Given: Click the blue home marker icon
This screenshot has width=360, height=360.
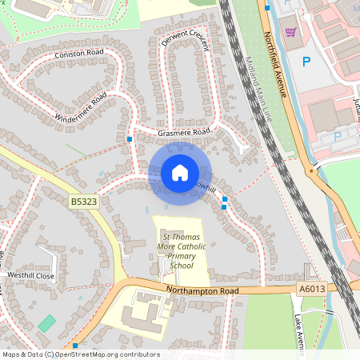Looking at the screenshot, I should [179, 172].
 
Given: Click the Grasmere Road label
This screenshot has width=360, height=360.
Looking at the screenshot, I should [183, 131].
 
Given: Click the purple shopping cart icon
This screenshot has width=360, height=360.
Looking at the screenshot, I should [290, 32].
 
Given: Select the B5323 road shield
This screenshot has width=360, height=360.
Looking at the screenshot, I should [84, 202].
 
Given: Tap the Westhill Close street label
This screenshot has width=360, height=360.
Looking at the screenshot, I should [30, 275].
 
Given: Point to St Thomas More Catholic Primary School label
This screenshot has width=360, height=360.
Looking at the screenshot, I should [184, 252].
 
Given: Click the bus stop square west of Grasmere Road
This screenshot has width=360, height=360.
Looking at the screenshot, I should [130, 139].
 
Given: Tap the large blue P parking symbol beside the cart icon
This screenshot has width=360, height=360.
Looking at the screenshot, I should [306, 61].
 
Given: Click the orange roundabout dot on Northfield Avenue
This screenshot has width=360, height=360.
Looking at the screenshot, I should [311, 170].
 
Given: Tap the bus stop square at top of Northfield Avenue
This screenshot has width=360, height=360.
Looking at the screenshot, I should [267, 7].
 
